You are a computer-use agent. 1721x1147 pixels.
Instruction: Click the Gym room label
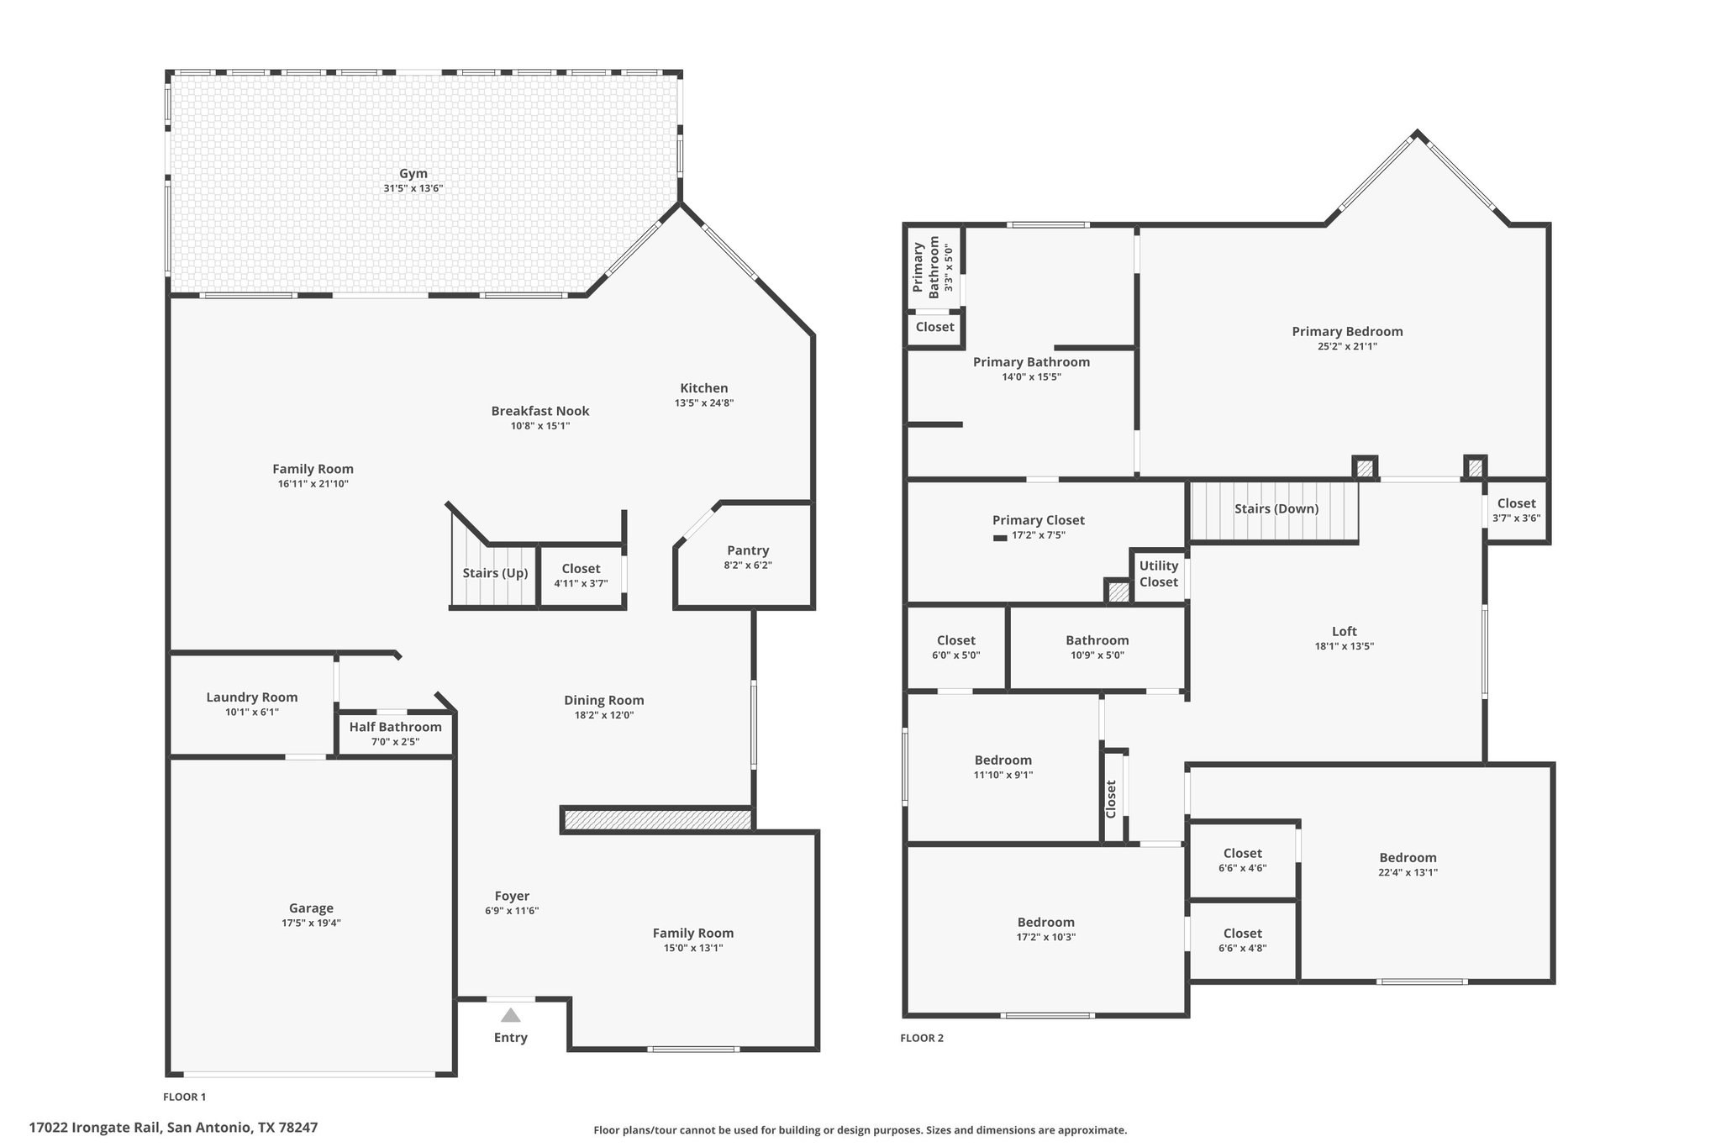pos(413,174)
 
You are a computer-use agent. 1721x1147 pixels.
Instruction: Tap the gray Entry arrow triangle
pos(511,1015)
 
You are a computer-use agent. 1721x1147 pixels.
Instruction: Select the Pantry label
pos(748,550)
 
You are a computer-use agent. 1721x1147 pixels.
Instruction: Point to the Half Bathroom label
pos(396,727)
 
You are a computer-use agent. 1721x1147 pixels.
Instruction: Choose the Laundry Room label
pos(252,697)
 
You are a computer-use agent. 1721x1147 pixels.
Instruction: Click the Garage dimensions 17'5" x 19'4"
pos(312,923)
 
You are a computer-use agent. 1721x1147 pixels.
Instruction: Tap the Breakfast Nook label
pos(540,411)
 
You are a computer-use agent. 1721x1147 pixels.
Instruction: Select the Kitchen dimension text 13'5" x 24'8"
pos(704,403)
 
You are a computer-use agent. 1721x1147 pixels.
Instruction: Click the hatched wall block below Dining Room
pos(657,820)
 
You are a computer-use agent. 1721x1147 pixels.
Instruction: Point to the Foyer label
pos(512,896)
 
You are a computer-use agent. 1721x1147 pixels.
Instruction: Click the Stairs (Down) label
pos(1276,508)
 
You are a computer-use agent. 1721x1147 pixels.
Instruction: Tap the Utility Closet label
pos(1159,574)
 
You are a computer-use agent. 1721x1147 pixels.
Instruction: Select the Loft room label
pos(1345,631)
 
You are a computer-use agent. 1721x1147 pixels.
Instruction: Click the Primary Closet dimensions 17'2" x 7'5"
pos(1039,535)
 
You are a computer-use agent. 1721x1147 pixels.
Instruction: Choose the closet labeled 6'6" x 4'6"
pos(1243,860)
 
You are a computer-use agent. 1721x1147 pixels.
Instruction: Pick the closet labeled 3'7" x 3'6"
pos(1517,510)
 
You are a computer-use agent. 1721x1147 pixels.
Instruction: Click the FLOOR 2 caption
pos(922,1038)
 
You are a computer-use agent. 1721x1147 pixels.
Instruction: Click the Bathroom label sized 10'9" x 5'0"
pos(1097,640)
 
